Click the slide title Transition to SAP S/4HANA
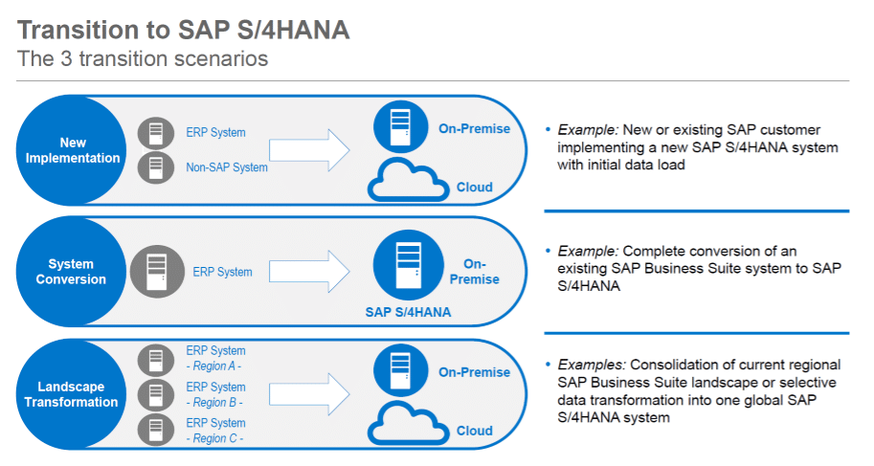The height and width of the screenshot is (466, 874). (x=184, y=30)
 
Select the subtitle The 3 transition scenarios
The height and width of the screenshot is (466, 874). (x=143, y=58)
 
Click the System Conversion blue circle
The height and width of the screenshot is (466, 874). (x=72, y=272)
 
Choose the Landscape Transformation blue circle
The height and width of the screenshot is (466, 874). (x=72, y=394)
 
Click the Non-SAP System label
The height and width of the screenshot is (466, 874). (x=227, y=167)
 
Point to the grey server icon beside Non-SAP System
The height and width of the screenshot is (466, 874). (x=156, y=167)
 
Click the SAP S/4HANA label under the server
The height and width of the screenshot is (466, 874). (x=408, y=312)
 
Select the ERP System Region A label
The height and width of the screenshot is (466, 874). (x=215, y=358)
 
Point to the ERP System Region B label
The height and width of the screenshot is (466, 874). (x=215, y=394)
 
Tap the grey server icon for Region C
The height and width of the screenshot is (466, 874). (x=156, y=429)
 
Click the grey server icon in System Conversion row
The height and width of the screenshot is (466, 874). (x=156, y=271)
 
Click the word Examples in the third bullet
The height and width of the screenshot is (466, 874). (x=591, y=366)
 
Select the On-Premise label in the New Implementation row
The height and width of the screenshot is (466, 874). (x=474, y=128)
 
